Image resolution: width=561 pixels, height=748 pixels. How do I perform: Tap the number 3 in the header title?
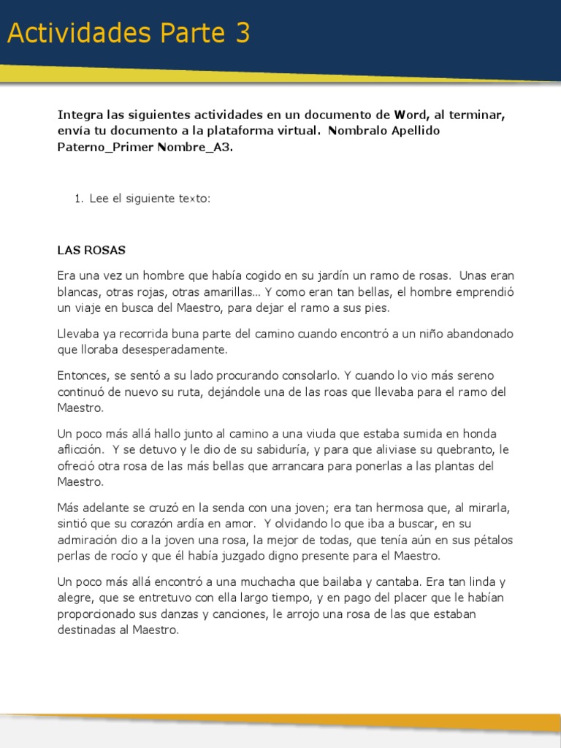(x=243, y=34)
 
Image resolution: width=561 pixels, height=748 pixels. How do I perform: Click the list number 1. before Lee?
(x=79, y=198)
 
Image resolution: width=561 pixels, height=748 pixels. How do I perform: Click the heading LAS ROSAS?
(x=91, y=250)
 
